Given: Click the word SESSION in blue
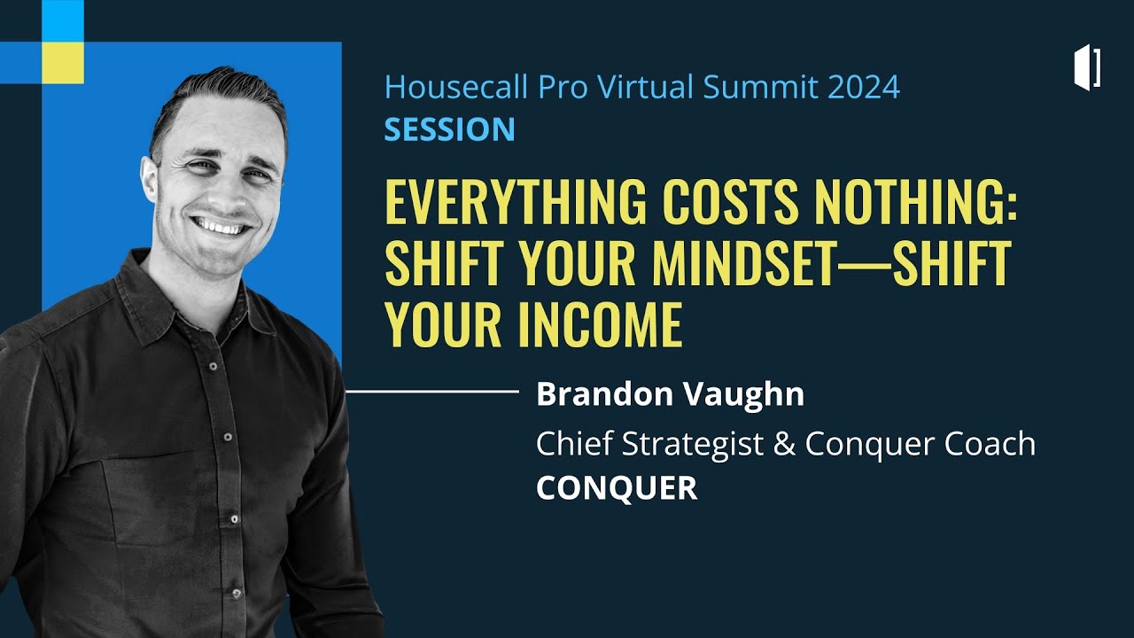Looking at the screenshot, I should pos(449,129).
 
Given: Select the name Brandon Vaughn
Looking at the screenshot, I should pos(670,394).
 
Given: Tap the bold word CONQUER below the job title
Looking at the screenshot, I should pos(617,488).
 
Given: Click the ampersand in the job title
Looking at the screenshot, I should pos(784,444).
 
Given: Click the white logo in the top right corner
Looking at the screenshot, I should pos(1087,68).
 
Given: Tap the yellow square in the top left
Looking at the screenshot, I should pos(63,62).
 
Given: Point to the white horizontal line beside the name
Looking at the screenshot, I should pos(431,390).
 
